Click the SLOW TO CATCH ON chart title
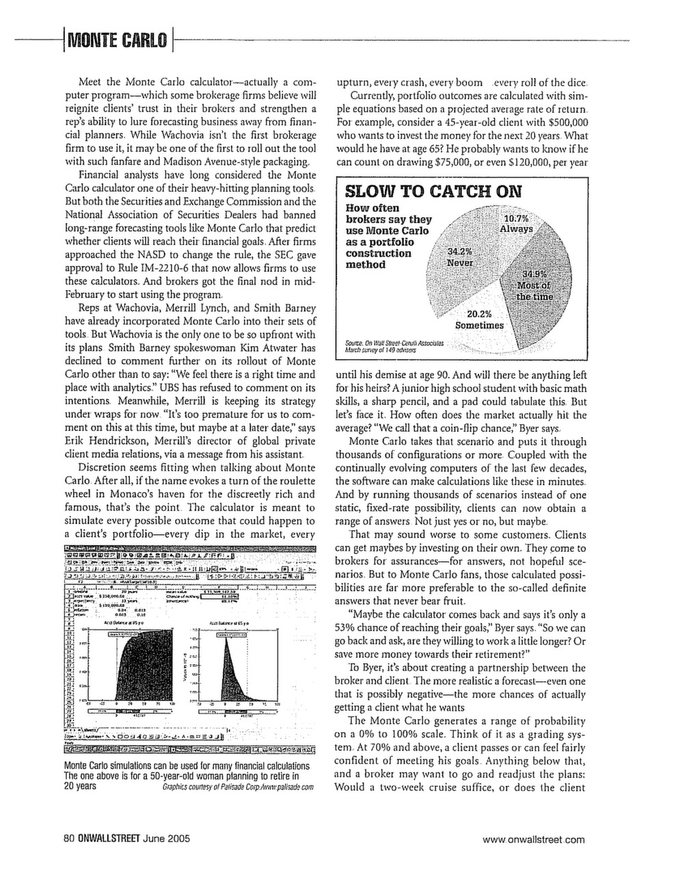tap(433, 191)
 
